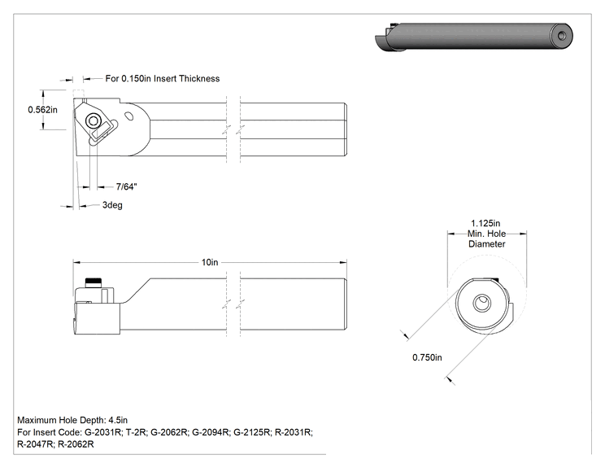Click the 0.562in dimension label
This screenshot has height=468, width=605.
tap(42, 110)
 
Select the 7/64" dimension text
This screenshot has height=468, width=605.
tap(127, 187)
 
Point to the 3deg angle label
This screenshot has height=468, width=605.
tap(112, 205)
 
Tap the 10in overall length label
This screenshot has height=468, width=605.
tap(210, 262)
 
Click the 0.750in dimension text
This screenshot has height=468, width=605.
tap(427, 357)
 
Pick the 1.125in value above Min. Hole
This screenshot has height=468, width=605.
tap(485, 223)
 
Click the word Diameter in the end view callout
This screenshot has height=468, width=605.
tap(486, 244)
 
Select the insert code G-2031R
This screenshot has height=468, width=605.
tap(102, 432)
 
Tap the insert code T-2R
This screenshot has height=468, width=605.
tap(136, 432)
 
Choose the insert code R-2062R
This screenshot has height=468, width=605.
tap(76, 444)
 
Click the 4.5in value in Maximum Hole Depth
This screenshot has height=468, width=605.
tap(118, 420)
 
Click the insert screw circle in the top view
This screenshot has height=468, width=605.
tap(93, 120)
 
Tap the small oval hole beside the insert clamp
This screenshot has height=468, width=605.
tap(129, 115)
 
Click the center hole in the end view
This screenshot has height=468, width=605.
tap(482, 303)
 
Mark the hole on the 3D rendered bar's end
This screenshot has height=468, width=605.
tap(562, 36)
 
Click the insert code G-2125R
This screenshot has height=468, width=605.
tap(251, 432)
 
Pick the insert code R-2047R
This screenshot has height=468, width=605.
tap(35, 444)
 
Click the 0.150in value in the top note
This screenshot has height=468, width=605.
tap(136, 78)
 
